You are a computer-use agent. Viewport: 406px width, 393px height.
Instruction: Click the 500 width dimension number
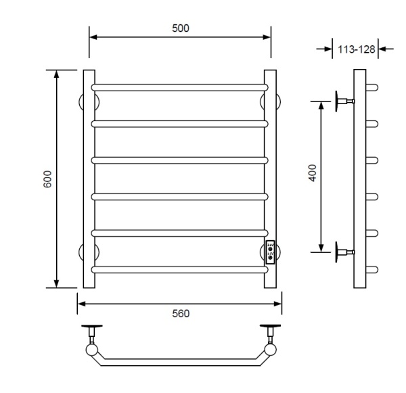(x=181, y=28)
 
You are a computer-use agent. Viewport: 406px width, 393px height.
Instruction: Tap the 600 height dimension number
(x=47, y=179)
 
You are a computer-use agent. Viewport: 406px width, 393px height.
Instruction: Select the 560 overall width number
(x=181, y=313)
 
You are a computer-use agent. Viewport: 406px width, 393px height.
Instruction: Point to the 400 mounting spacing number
(x=313, y=173)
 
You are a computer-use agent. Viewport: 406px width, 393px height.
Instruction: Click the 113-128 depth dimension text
(x=357, y=49)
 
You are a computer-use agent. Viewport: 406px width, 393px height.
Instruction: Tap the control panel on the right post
(x=270, y=252)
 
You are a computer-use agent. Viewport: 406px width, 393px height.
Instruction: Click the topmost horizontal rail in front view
(x=179, y=87)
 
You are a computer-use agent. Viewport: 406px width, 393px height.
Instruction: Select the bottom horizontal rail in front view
(x=179, y=269)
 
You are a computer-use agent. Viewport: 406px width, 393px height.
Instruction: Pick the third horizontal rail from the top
(x=179, y=160)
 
